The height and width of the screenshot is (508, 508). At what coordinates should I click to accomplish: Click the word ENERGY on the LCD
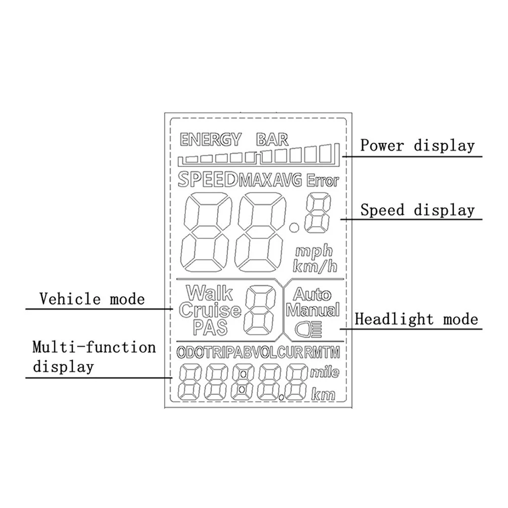click(210, 140)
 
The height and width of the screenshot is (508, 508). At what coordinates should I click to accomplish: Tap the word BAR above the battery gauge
click(272, 140)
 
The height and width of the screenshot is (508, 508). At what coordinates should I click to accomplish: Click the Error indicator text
click(323, 181)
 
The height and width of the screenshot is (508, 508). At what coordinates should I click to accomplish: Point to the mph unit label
click(314, 251)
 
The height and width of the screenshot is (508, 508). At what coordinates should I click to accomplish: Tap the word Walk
click(209, 293)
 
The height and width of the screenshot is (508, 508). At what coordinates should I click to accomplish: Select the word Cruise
click(210, 310)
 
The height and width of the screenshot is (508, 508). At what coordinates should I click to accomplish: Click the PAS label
click(210, 327)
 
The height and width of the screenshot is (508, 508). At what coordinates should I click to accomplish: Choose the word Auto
click(312, 294)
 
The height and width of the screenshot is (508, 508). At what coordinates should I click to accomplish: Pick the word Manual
click(313, 310)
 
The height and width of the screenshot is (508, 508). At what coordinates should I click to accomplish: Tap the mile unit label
click(325, 372)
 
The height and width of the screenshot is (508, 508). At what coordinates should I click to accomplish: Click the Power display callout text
click(417, 145)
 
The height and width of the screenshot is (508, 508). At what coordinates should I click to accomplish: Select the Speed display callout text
click(417, 210)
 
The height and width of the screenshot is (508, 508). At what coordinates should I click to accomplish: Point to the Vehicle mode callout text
click(92, 298)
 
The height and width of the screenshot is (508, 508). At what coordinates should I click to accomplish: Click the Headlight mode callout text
click(416, 319)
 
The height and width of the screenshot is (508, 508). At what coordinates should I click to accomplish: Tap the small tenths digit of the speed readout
click(319, 213)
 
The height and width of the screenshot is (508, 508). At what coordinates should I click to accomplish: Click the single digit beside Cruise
click(260, 310)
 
